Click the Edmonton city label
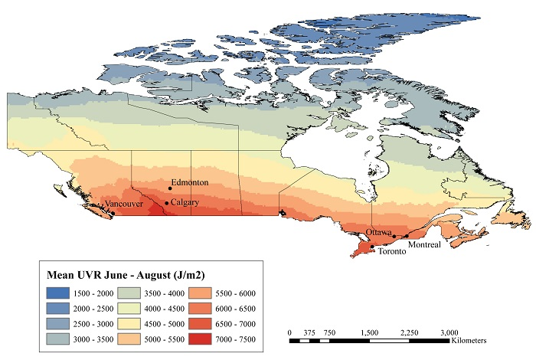(190, 182)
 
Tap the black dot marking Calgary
(167, 203)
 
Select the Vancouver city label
(124, 204)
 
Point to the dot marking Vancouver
(113, 214)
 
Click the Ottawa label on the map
(379, 232)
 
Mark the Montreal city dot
(407, 236)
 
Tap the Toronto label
(392, 251)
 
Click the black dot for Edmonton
(170, 188)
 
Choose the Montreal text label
(424, 244)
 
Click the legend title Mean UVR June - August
(126, 275)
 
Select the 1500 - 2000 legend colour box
(58, 293)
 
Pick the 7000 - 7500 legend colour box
(200, 339)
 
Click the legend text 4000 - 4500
(165, 309)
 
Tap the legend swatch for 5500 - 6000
(200, 293)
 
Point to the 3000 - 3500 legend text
(93, 339)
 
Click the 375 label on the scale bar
(309, 332)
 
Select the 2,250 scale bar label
(409, 332)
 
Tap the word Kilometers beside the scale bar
(469, 341)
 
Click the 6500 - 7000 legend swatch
(200, 324)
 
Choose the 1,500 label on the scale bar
(370, 332)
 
